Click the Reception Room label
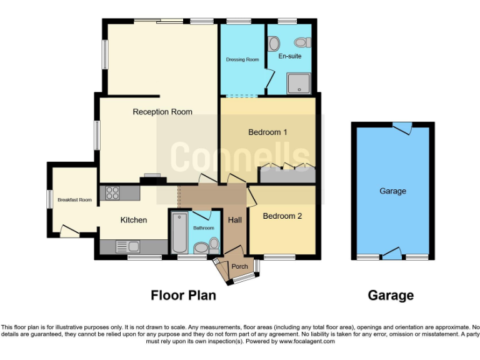[162, 112]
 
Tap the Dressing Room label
[242, 60]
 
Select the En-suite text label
[290, 56]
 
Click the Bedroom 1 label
[267, 132]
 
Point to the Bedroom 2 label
[282, 216]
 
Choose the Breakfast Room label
[74, 200]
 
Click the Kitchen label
[134, 220]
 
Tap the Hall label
[234, 220]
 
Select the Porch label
[239, 266]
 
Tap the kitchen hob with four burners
[113, 193]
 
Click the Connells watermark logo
[241, 156]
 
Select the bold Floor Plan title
[184, 295]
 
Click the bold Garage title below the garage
[391, 295]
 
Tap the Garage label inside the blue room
[392, 191]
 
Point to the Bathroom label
[203, 228]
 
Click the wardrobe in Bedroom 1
[287, 174]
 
